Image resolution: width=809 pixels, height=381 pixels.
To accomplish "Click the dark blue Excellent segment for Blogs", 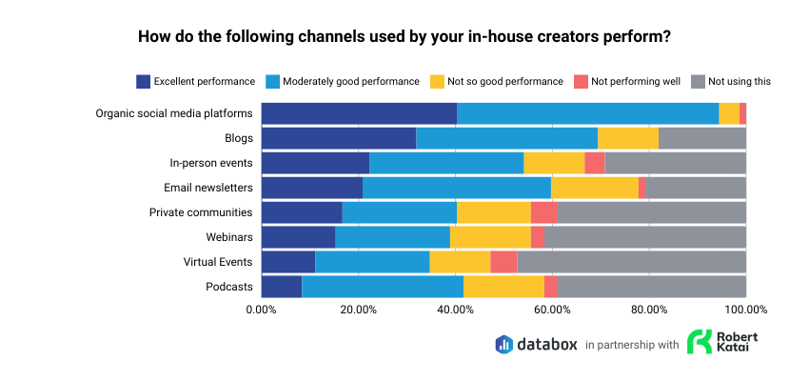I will coord(338,138).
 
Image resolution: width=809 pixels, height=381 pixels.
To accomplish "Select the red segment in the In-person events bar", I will coord(595,163).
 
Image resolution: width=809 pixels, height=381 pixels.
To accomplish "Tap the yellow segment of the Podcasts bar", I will coord(503,287).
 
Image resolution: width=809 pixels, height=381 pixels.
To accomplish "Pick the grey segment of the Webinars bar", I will coord(644,237).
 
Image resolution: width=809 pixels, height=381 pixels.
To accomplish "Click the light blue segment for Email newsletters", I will coord(457,188).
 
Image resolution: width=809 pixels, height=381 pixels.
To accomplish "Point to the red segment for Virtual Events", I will coord(503,262).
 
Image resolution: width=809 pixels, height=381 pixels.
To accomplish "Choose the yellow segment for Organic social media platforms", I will coord(729,113).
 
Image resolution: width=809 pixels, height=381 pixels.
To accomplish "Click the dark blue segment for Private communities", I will coord(302,212).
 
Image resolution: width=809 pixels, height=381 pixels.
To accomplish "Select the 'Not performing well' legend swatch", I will coord(579,81).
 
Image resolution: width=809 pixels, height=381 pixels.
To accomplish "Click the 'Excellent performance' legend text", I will coord(204,81).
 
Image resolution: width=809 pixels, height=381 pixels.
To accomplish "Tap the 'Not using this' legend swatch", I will coord(698,81).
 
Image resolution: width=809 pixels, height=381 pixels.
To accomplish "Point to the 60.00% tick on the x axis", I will coord(552,309).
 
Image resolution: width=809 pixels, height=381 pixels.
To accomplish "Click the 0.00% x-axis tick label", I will coord(262,309).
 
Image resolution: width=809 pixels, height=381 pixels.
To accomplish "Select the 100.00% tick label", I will coord(745,309).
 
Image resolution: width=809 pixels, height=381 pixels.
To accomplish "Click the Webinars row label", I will coord(229,237).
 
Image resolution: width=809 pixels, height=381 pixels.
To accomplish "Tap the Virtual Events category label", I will coord(218,262).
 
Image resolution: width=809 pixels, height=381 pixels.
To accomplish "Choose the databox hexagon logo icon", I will coord(504,344).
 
